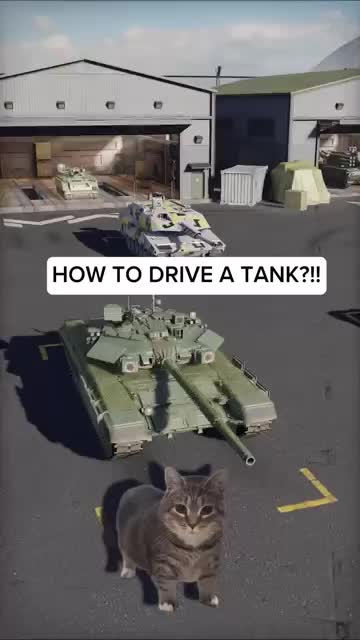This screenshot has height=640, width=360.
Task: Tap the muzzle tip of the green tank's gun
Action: pos(250,461)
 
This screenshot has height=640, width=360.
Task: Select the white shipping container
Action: pos(244,184)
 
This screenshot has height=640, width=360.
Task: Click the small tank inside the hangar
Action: pos(77,182)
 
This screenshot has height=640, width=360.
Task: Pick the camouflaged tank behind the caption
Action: pos(171,227)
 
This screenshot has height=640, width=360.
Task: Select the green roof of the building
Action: pos(288,82)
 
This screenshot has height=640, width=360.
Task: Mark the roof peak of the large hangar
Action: pos(83,60)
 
